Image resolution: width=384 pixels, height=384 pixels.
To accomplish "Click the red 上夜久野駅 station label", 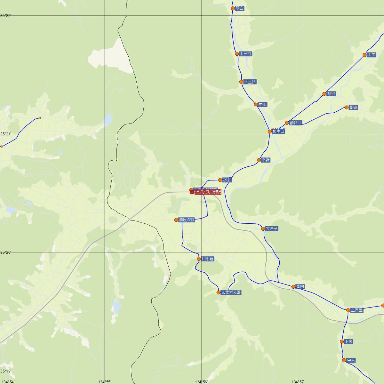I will [x=208, y=192].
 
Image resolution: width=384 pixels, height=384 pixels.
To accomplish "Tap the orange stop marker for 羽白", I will [x=233, y=8].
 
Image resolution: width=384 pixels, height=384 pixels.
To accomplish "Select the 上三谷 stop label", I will [x=245, y=54].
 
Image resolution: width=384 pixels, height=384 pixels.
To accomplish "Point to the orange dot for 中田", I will [x=256, y=104].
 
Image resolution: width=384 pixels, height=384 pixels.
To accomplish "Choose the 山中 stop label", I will [x=372, y=55].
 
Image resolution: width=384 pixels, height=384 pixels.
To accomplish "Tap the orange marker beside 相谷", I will [x=324, y=94].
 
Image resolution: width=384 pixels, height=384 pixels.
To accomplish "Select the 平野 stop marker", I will [x=259, y=160].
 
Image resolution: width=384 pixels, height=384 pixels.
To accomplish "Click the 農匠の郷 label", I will [x=187, y=220].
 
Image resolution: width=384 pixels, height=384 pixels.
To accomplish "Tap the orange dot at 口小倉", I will [x=199, y=259].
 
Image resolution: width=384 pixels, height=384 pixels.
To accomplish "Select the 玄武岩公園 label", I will [x=231, y=292].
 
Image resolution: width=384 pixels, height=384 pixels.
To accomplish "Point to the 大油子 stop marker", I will [x=263, y=228].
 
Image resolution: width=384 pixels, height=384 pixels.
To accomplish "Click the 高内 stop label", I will [x=300, y=286].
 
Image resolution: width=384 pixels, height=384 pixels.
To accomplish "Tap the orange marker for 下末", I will [x=342, y=341].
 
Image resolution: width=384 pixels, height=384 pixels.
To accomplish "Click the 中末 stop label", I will [x=351, y=360].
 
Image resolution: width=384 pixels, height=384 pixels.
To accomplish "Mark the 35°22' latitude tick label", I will [x=5, y=15].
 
